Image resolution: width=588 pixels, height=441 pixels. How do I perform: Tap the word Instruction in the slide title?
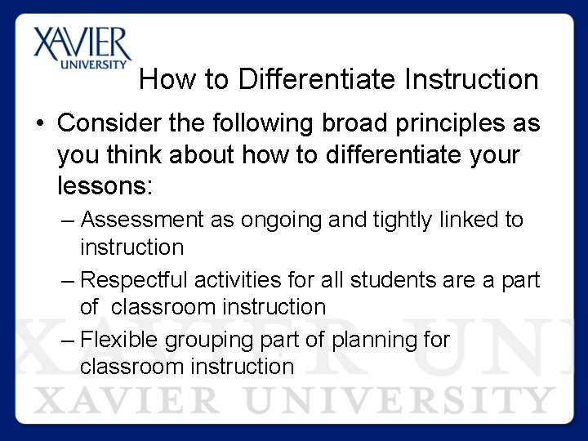[x=470, y=80]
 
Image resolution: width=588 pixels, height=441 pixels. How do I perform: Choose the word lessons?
[x=105, y=185]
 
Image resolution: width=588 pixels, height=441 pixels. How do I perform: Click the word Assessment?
[x=143, y=220]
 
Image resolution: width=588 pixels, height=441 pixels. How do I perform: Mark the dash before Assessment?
[x=69, y=220]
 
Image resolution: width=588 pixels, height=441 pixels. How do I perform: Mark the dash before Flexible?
[x=69, y=341]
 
